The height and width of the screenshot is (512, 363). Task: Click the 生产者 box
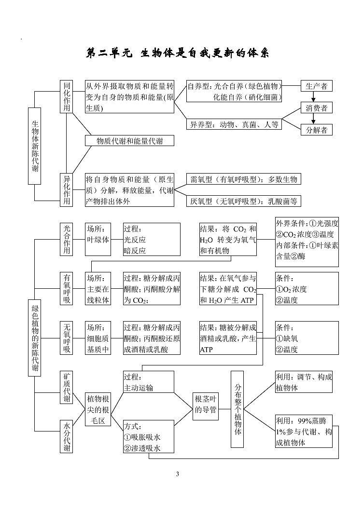[317, 86]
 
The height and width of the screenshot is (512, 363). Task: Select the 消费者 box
[317, 108]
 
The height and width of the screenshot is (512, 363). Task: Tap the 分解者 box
[317, 130]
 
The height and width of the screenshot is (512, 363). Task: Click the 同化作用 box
[67, 96]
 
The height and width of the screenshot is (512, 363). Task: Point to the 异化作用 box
[67, 190]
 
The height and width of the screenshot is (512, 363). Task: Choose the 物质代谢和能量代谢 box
[129, 141]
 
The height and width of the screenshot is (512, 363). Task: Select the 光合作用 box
[67, 239]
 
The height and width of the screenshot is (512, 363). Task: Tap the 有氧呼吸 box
[67, 289]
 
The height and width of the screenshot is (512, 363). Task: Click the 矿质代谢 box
[67, 387]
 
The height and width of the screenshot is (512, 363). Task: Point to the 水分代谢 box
[67, 436]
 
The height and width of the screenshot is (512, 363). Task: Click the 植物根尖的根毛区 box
[98, 410]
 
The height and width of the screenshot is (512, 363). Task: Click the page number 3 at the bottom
[178, 475]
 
